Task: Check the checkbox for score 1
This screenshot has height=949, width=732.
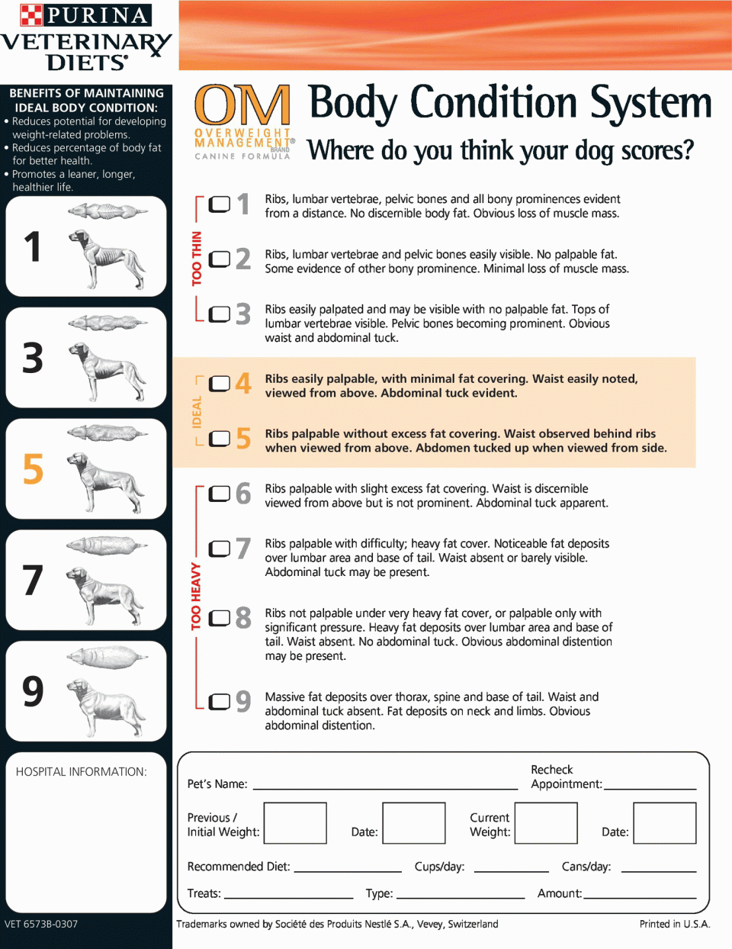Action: [x=219, y=204]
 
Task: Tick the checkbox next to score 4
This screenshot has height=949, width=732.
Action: [x=219, y=384]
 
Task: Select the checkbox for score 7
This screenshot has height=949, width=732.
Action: [x=219, y=548]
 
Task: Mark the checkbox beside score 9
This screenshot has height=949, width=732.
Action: [x=219, y=702]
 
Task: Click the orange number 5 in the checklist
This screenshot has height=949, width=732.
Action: [x=243, y=439]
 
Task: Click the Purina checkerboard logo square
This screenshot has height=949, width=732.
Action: [x=31, y=14]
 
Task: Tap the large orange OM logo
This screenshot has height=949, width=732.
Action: [x=242, y=104]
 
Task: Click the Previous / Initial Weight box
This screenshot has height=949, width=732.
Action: [x=295, y=823]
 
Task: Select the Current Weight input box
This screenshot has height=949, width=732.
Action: [x=546, y=823]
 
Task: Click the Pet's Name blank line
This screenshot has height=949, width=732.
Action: [x=385, y=789]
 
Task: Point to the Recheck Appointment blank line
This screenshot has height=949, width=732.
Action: [x=650, y=789]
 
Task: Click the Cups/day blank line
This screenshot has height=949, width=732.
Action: [x=511, y=872]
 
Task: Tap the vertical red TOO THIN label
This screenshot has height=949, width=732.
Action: [x=197, y=259]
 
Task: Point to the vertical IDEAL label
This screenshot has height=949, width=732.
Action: [x=197, y=412]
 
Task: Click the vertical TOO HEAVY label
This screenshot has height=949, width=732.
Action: [x=196, y=596]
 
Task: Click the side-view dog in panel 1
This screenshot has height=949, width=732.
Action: [x=107, y=260]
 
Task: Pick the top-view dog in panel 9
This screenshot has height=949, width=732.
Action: [x=107, y=656]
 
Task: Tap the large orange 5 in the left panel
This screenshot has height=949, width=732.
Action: [x=34, y=468]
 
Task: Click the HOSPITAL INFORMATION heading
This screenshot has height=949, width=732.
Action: [x=81, y=772]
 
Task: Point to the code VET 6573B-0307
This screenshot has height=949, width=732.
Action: [x=41, y=924]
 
